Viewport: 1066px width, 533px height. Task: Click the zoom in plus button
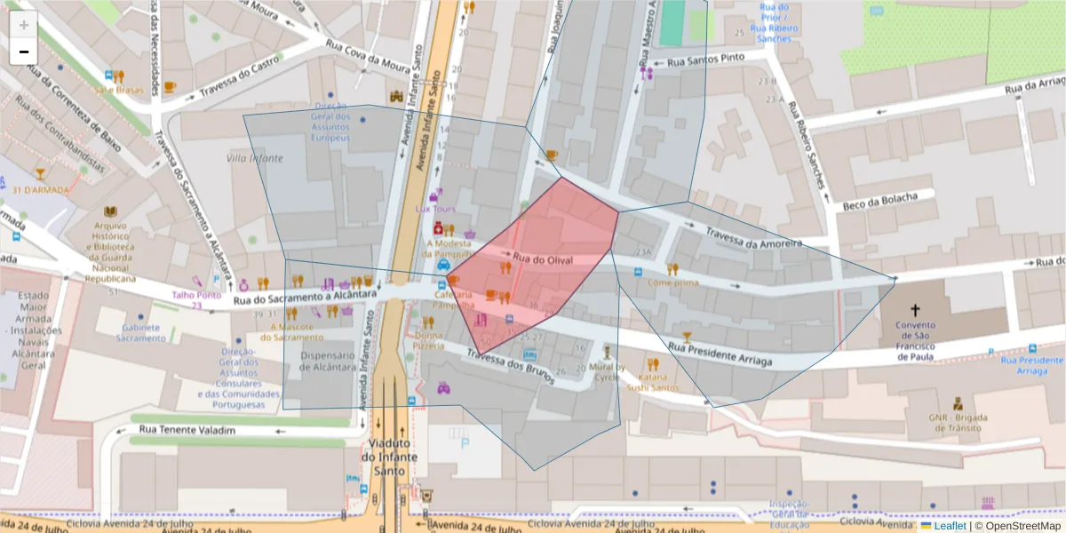click(24, 25)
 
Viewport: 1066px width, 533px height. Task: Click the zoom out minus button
click(24, 52)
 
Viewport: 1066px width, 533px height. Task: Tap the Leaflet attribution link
click(948, 526)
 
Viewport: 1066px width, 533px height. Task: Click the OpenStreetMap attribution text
click(1022, 526)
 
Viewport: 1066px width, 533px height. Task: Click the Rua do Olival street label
click(542, 260)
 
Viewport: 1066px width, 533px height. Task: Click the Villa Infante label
click(255, 158)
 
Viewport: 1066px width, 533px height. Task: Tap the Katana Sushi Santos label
click(653, 382)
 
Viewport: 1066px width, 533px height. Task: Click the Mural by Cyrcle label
click(608, 372)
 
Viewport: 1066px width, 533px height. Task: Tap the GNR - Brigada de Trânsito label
click(959, 421)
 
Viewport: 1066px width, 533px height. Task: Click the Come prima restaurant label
click(672, 282)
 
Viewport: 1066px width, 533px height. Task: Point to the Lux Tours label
click(435, 209)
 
